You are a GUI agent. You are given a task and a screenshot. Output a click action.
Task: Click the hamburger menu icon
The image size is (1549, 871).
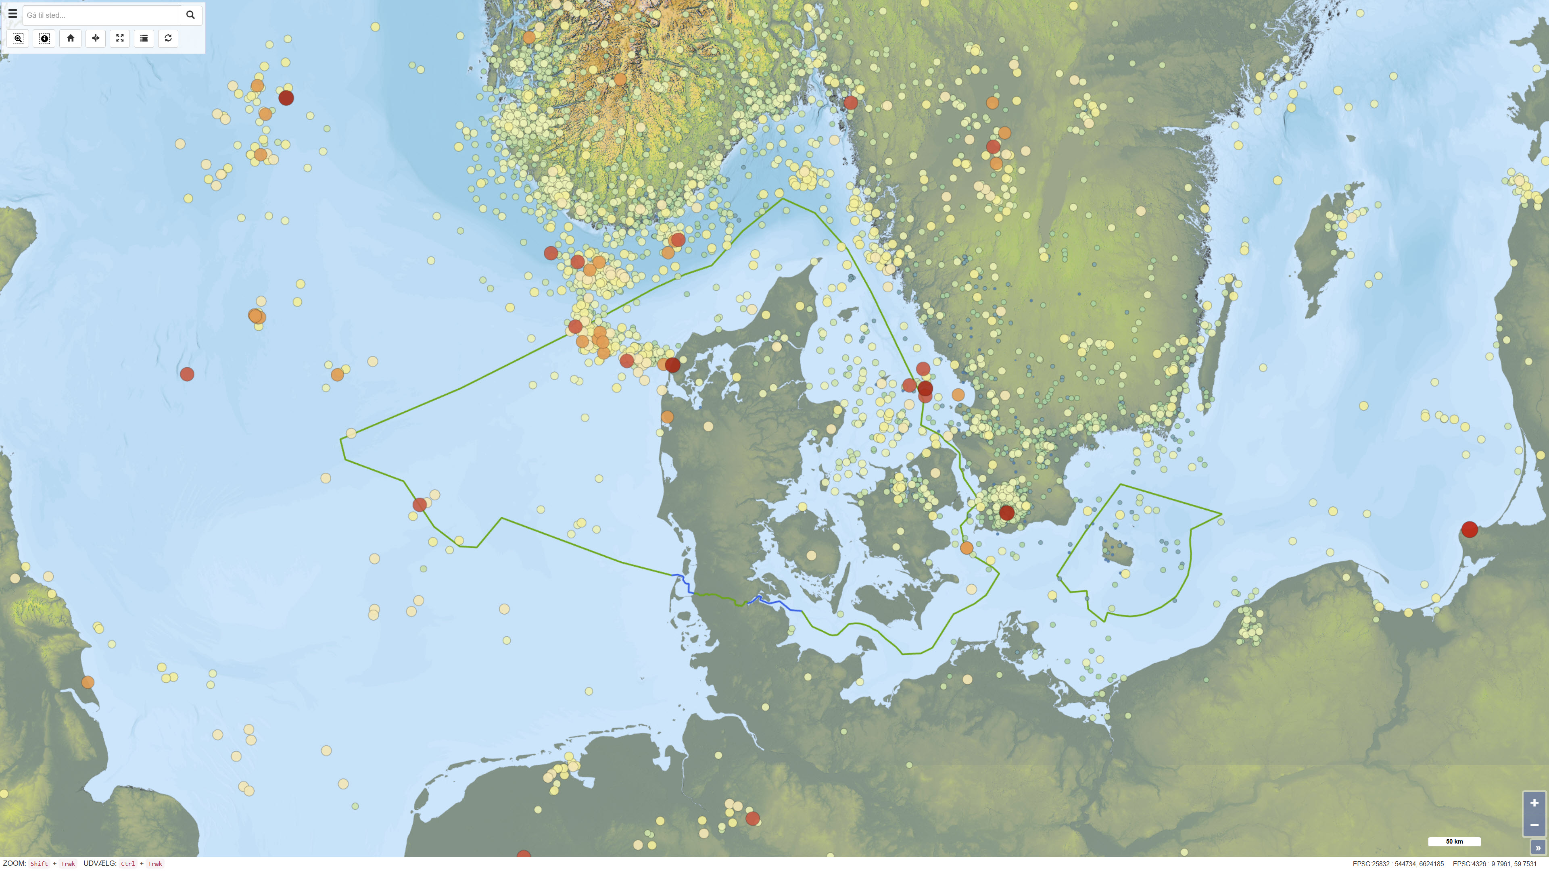pos(13,14)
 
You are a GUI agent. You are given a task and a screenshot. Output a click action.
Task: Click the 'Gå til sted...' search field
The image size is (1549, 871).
pos(101,15)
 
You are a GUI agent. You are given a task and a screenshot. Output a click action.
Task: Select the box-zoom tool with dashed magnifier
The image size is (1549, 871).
pos(18,38)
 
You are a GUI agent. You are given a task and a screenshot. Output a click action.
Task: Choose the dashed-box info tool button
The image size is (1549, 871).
pos(44,38)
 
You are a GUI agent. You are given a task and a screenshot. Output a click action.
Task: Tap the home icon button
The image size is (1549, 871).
pos(70,38)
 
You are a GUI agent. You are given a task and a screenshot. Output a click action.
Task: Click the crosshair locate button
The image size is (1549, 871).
pos(96,38)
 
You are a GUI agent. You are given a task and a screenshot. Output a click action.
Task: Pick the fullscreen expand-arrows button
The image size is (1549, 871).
pos(120,38)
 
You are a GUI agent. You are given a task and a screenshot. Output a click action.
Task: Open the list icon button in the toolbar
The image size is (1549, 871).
pos(144,38)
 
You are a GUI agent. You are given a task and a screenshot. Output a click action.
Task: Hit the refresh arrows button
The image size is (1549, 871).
pos(168,38)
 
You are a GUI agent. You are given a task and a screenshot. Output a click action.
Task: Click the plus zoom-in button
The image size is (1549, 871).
pos(1534,802)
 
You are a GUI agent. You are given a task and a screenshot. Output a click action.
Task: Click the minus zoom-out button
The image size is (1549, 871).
pos(1534,825)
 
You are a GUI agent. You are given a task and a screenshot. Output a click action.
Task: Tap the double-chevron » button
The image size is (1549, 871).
pos(1538,848)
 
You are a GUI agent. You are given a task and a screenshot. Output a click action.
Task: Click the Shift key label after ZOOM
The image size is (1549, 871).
pos(39,864)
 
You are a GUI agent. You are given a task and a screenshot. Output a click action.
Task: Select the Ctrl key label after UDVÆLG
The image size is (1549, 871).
pos(127,864)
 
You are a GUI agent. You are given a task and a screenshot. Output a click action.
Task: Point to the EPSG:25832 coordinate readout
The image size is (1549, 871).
pos(1398,864)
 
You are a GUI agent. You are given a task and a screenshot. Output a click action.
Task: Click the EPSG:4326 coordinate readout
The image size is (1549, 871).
pos(1494,864)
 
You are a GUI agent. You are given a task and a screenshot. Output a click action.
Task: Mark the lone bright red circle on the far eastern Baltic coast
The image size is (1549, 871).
pos(1470,529)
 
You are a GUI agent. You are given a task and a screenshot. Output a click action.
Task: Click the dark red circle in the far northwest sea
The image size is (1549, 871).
pos(286,97)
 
